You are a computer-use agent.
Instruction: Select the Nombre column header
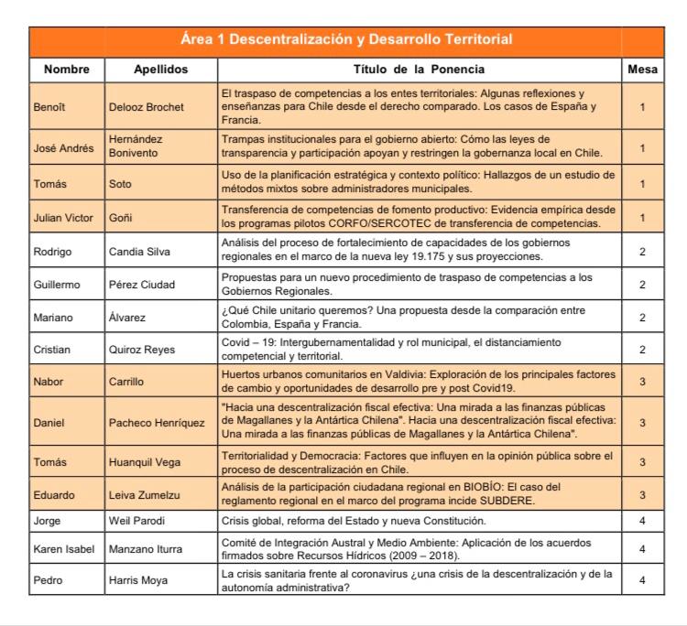(x=66, y=69)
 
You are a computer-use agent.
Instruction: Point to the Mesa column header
(x=642, y=69)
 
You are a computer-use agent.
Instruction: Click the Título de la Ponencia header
(x=419, y=69)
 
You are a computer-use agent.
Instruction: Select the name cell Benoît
(x=49, y=107)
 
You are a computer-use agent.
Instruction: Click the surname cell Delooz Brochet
(x=146, y=107)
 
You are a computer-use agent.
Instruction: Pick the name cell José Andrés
(x=63, y=147)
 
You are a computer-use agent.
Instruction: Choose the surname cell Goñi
(x=121, y=218)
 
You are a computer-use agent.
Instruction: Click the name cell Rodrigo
(x=53, y=250)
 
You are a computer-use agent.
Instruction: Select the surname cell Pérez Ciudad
(x=142, y=285)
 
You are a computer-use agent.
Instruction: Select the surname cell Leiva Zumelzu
(x=147, y=494)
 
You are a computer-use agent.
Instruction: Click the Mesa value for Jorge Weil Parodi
(x=642, y=521)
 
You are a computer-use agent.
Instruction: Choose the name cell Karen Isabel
(x=63, y=549)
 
